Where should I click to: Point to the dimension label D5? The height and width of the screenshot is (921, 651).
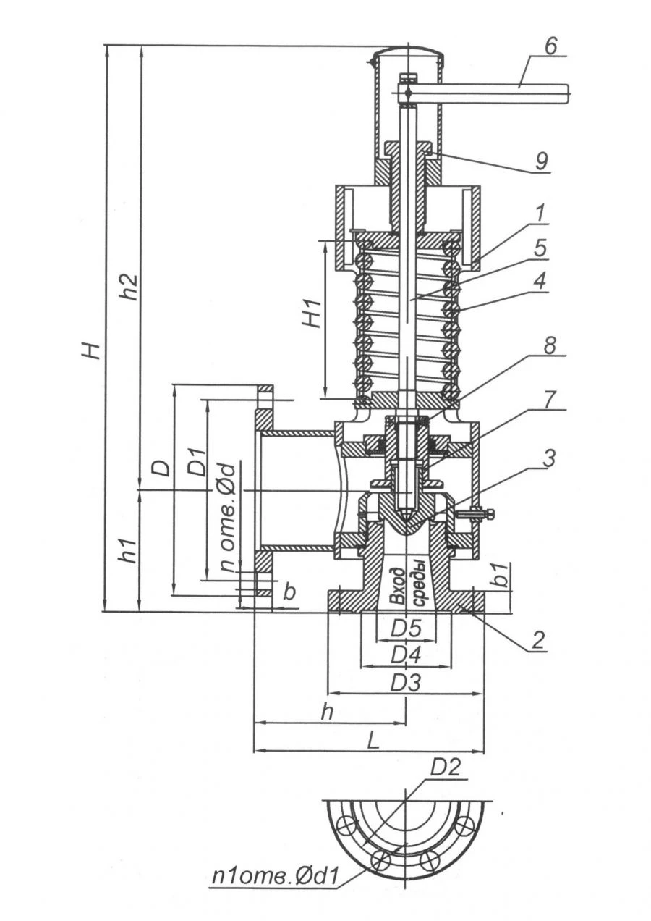tap(406, 629)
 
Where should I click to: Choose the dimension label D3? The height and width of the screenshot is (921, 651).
tap(406, 682)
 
